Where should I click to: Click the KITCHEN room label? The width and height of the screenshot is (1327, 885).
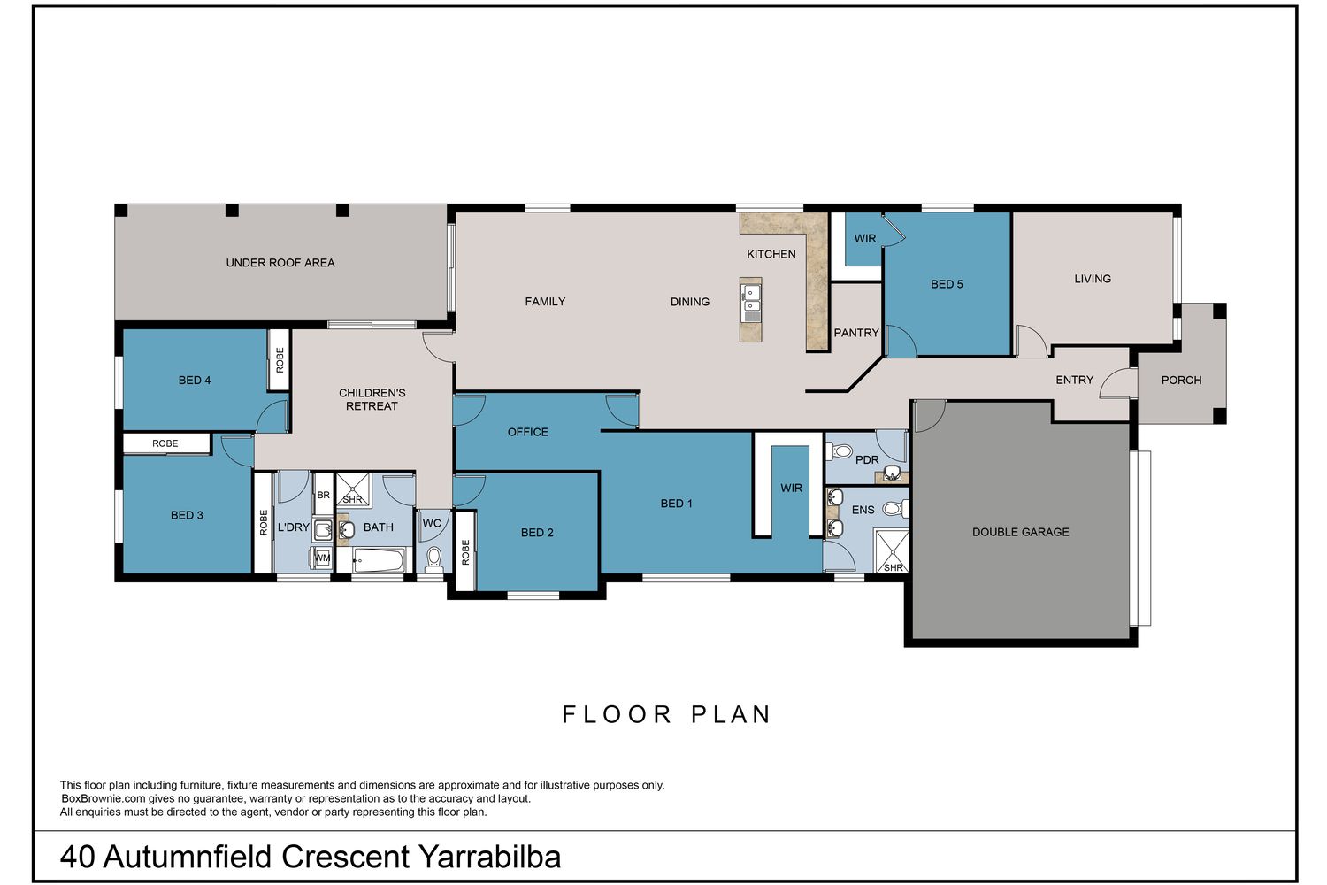click(x=771, y=254)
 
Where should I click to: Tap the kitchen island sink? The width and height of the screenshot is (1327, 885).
click(x=751, y=300)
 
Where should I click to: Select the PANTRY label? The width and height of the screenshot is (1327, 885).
click(x=856, y=333)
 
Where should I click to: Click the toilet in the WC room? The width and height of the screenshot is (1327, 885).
click(x=434, y=559)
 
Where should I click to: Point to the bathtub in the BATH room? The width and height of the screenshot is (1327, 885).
click(x=379, y=559)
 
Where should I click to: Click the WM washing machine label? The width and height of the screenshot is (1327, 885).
click(x=322, y=558)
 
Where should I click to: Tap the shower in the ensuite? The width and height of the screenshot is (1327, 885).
click(x=892, y=551)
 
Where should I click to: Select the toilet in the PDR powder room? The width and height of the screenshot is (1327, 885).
click(x=839, y=451)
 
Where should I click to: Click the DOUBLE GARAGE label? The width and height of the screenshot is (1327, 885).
click(x=1020, y=532)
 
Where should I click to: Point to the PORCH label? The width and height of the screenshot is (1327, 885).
click(x=1181, y=380)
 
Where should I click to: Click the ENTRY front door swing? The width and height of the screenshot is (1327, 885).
click(x=1117, y=383)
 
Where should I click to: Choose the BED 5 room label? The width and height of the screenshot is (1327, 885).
click(x=947, y=285)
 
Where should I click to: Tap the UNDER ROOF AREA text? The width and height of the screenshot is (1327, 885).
click(x=280, y=263)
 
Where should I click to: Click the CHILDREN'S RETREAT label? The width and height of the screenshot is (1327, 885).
click(x=372, y=399)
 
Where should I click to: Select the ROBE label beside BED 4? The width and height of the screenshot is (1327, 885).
click(x=280, y=360)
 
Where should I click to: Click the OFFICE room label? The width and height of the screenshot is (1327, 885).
click(x=528, y=432)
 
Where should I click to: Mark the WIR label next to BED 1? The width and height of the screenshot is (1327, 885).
click(x=791, y=488)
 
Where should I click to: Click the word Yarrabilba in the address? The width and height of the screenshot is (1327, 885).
click(x=489, y=857)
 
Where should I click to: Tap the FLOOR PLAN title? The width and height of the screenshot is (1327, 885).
click(x=666, y=714)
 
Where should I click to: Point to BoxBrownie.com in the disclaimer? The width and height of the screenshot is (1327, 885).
click(x=104, y=798)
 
